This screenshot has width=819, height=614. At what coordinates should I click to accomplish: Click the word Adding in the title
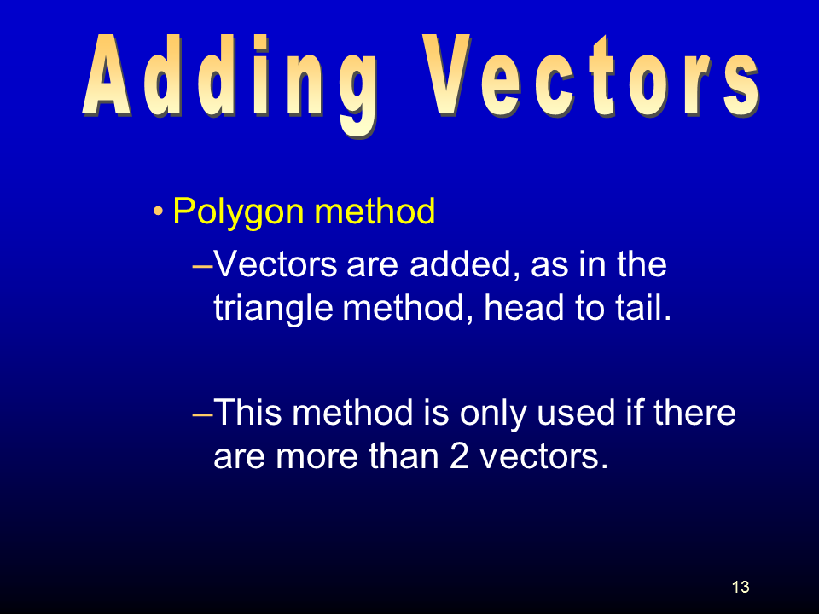point(229,84)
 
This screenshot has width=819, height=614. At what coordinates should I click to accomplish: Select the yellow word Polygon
point(238,213)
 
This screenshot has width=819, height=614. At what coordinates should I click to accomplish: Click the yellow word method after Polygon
point(375,211)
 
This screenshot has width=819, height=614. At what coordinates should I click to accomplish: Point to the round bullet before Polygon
point(159,212)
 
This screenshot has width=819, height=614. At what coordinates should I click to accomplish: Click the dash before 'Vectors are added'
point(203,266)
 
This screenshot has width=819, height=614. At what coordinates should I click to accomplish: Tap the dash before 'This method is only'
point(203,414)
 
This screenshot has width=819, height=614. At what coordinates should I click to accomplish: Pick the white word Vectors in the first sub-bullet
point(276,264)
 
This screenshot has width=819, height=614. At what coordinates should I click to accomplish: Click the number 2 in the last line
point(459,455)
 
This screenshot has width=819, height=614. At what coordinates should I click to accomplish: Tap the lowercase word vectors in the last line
point(543,457)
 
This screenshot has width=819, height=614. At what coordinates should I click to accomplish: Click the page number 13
point(741,587)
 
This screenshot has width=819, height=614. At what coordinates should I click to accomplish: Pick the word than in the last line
point(403,455)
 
